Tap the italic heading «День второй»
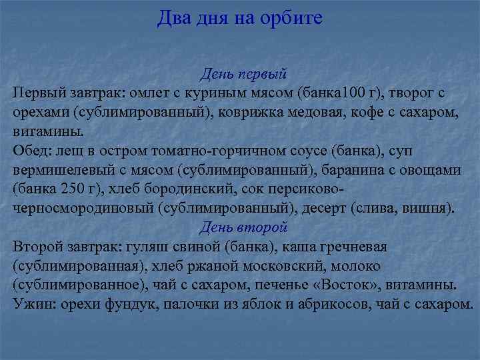243,227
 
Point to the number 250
71,189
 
